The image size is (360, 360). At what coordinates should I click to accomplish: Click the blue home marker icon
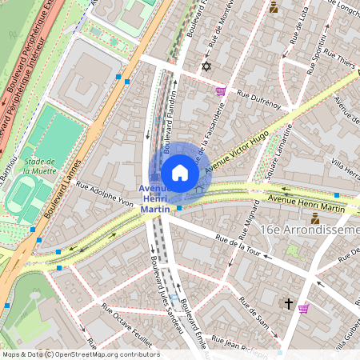point(180,172)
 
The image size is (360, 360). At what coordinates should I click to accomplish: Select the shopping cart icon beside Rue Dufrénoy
point(221,91)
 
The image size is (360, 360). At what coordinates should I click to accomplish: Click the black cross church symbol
point(288,303)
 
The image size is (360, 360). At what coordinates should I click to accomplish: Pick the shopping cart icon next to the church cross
point(303,308)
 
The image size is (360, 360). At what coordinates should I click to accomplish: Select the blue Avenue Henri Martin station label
point(155,198)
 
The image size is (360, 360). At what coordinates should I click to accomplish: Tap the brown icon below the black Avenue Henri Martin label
point(314,218)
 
